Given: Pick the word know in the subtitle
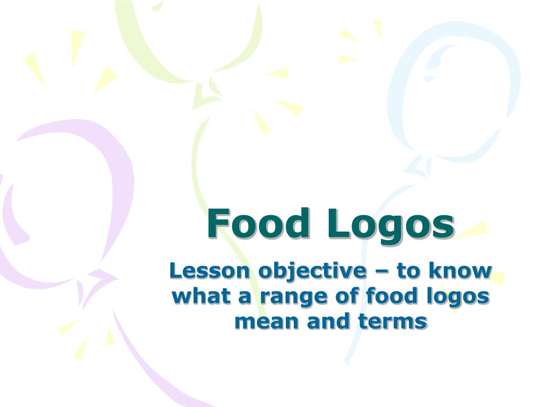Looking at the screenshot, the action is coord(460,271).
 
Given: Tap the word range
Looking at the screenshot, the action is coord(293,298).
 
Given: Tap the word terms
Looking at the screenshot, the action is coord(392,322).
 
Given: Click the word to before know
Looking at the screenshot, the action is coord(409,272).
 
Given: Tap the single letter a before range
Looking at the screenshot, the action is coord(245,298).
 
